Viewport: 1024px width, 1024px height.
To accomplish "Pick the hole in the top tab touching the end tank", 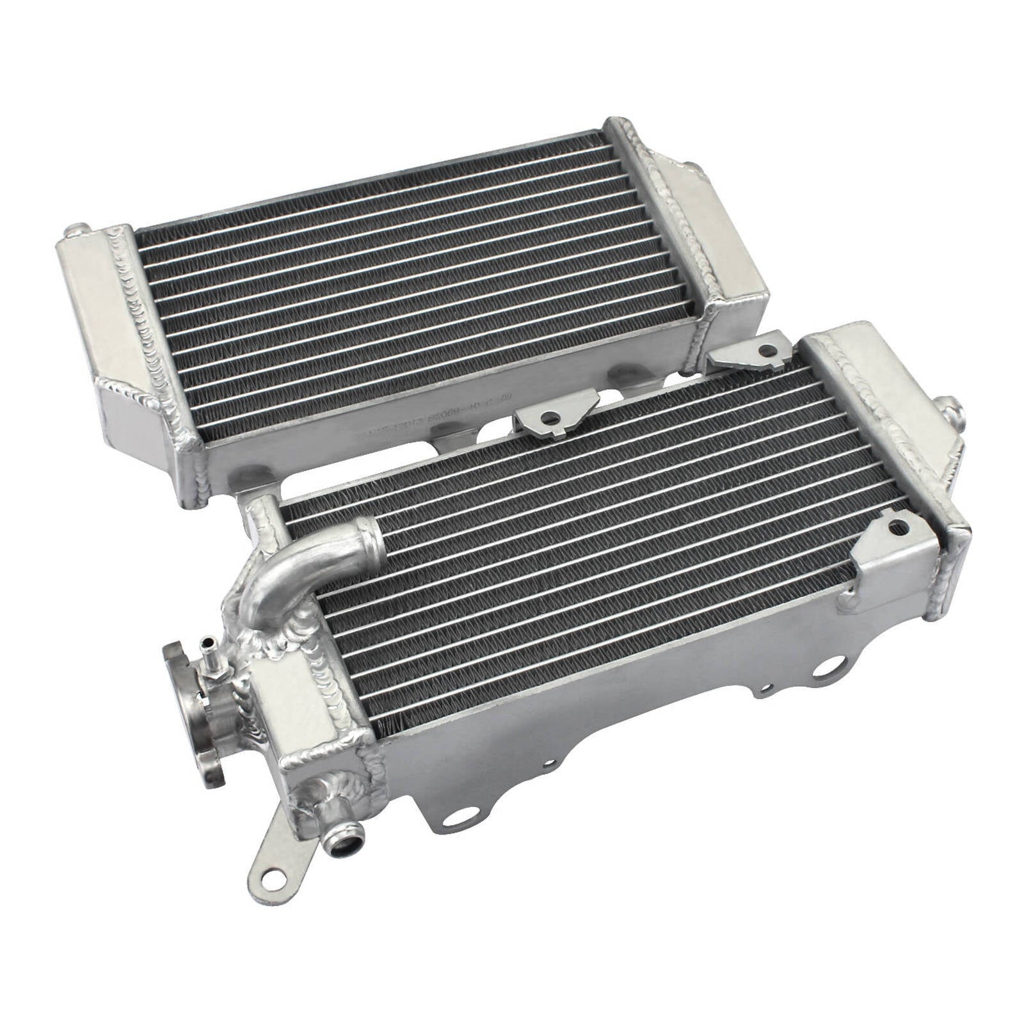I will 765,351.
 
